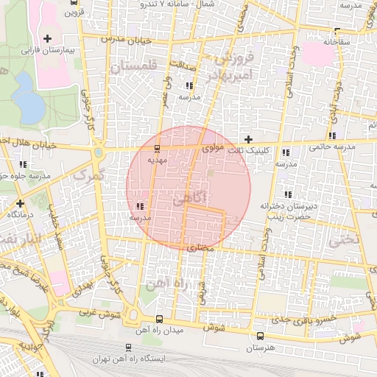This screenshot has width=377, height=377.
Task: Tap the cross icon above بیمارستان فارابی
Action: click(49, 38)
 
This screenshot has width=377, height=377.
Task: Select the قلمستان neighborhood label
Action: click(134, 67)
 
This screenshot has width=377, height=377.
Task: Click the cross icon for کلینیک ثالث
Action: click(249, 138)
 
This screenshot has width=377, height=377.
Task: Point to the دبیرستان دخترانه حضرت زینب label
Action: click(287, 211)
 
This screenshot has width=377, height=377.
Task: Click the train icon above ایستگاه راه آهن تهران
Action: click(129, 348)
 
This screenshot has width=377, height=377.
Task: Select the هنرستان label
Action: click(258, 346)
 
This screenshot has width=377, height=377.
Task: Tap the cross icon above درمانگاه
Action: click(20, 202)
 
